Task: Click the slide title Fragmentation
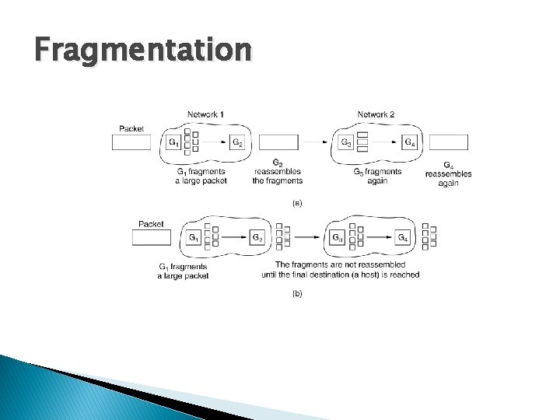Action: click(142, 51)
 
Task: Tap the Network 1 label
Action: click(205, 114)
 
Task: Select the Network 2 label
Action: click(376, 114)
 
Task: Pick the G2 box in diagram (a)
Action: click(238, 142)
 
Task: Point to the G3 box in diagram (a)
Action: click(347, 142)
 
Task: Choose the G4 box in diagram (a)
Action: click(409, 142)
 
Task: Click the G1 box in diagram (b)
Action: click(194, 237)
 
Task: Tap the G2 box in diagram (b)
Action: click(257, 237)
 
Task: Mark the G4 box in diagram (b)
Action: click(401, 237)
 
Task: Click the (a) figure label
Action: click(296, 203)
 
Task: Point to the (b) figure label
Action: click(296, 294)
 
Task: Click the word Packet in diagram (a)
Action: click(131, 128)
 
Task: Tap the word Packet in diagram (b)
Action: click(151, 224)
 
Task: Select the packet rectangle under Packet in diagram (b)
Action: click(151, 237)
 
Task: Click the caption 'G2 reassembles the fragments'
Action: click(278, 173)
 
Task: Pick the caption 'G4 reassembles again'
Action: click(449, 174)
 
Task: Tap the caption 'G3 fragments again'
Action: click(377, 175)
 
